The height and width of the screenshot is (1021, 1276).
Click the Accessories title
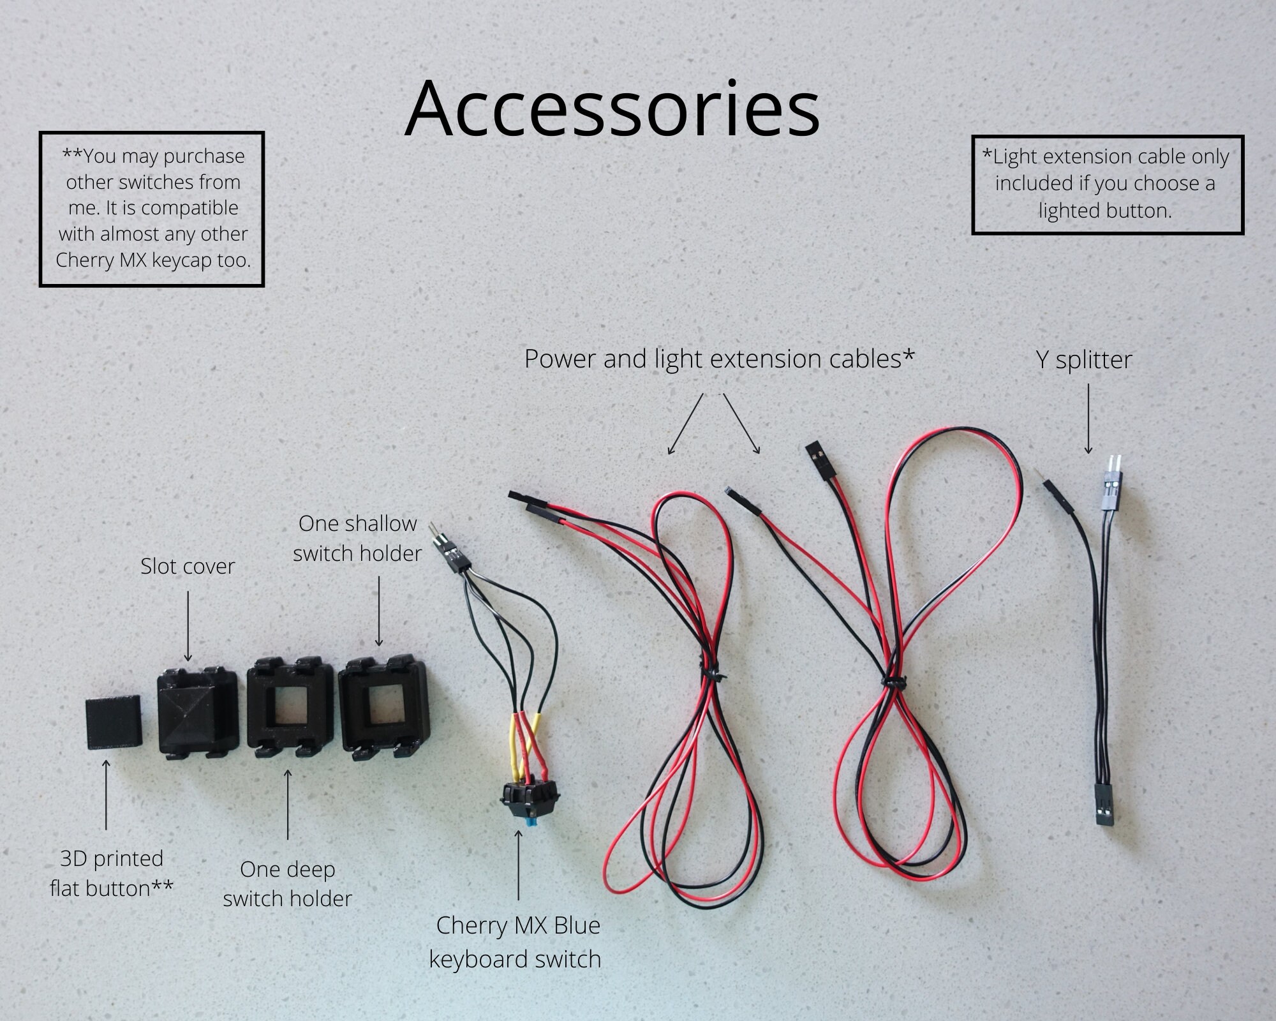pos(612,109)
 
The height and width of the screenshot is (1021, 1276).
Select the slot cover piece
pos(197,712)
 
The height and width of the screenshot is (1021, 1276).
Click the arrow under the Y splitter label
pos(1088,419)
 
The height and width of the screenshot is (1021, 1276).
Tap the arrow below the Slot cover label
pos(188,625)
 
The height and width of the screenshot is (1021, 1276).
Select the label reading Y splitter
pos(1084,359)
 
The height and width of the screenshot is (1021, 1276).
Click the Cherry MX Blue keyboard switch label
pos(516,943)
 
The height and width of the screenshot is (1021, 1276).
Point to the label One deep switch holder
pos(287,884)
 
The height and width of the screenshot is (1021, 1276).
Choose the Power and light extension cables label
pos(720,359)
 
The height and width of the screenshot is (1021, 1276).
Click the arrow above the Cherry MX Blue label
pos(518,864)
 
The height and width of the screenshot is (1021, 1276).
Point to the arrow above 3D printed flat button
pos(106,795)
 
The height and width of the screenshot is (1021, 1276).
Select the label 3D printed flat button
pos(112,874)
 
